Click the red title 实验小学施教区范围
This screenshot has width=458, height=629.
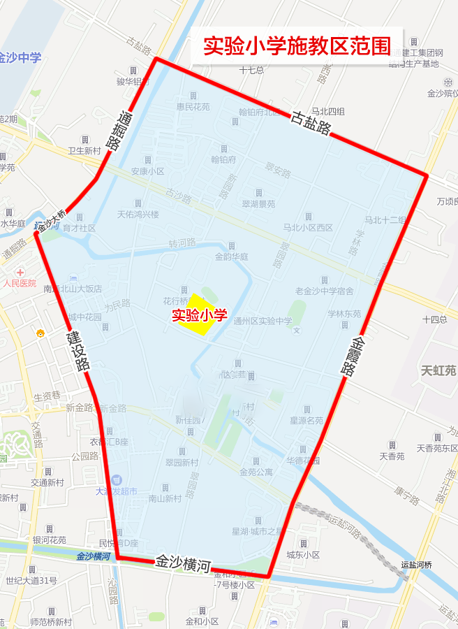(x=297, y=45)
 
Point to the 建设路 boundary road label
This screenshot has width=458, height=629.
(x=78, y=351)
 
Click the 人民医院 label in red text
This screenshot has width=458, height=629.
(x=20, y=283)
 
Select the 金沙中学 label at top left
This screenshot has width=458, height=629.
(x=20, y=57)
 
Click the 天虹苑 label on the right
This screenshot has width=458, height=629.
(x=438, y=370)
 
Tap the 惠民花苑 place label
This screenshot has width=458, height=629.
(x=193, y=107)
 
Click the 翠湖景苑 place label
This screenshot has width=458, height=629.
(x=258, y=204)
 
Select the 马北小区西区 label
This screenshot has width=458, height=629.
(x=308, y=227)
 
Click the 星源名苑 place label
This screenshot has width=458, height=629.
(x=306, y=420)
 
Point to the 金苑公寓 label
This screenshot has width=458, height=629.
(x=256, y=472)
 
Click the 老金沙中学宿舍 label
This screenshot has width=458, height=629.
(x=324, y=291)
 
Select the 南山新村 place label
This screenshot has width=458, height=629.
(x=165, y=498)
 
